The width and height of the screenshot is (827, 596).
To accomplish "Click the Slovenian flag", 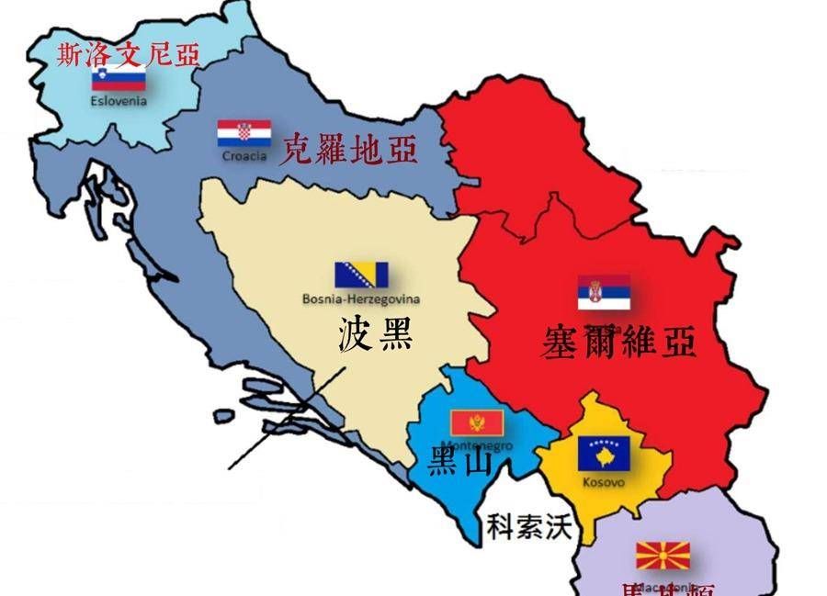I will click(119, 78).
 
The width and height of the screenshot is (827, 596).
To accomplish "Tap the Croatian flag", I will click(244, 134).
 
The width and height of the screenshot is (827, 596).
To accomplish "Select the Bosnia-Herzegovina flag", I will click(361, 275).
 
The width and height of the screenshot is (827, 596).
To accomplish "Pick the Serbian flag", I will click(604, 292).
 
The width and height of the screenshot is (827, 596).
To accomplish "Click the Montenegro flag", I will click(477, 423).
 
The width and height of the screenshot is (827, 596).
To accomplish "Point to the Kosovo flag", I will click(603, 455).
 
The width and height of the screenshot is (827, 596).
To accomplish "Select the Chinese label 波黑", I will click(375, 334).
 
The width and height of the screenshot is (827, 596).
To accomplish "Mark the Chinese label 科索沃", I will click(528, 526).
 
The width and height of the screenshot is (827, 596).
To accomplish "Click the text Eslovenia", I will click(119, 101).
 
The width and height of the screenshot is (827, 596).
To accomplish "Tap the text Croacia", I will click(244, 156).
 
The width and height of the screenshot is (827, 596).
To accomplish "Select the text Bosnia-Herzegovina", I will click(361, 298).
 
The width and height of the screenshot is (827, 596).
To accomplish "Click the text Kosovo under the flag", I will click(603, 481).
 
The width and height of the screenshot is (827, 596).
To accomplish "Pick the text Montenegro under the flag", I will click(477, 445).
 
